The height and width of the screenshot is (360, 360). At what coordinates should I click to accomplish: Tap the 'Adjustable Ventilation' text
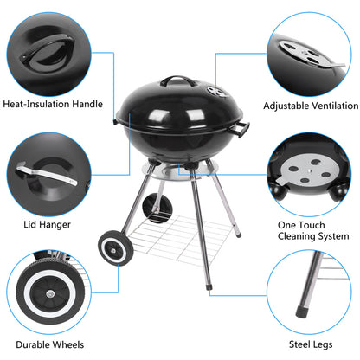pos(309,105)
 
